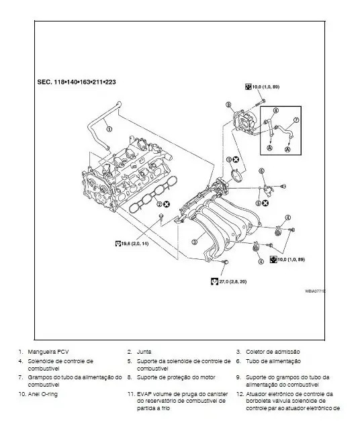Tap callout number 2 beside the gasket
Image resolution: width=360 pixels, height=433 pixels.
[159, 202]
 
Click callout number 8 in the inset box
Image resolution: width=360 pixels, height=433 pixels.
[276, 109]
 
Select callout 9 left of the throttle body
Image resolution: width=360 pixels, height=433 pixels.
[229, 105]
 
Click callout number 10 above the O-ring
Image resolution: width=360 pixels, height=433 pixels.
[229, 160]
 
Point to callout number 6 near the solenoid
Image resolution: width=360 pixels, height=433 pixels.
[261, 171]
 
